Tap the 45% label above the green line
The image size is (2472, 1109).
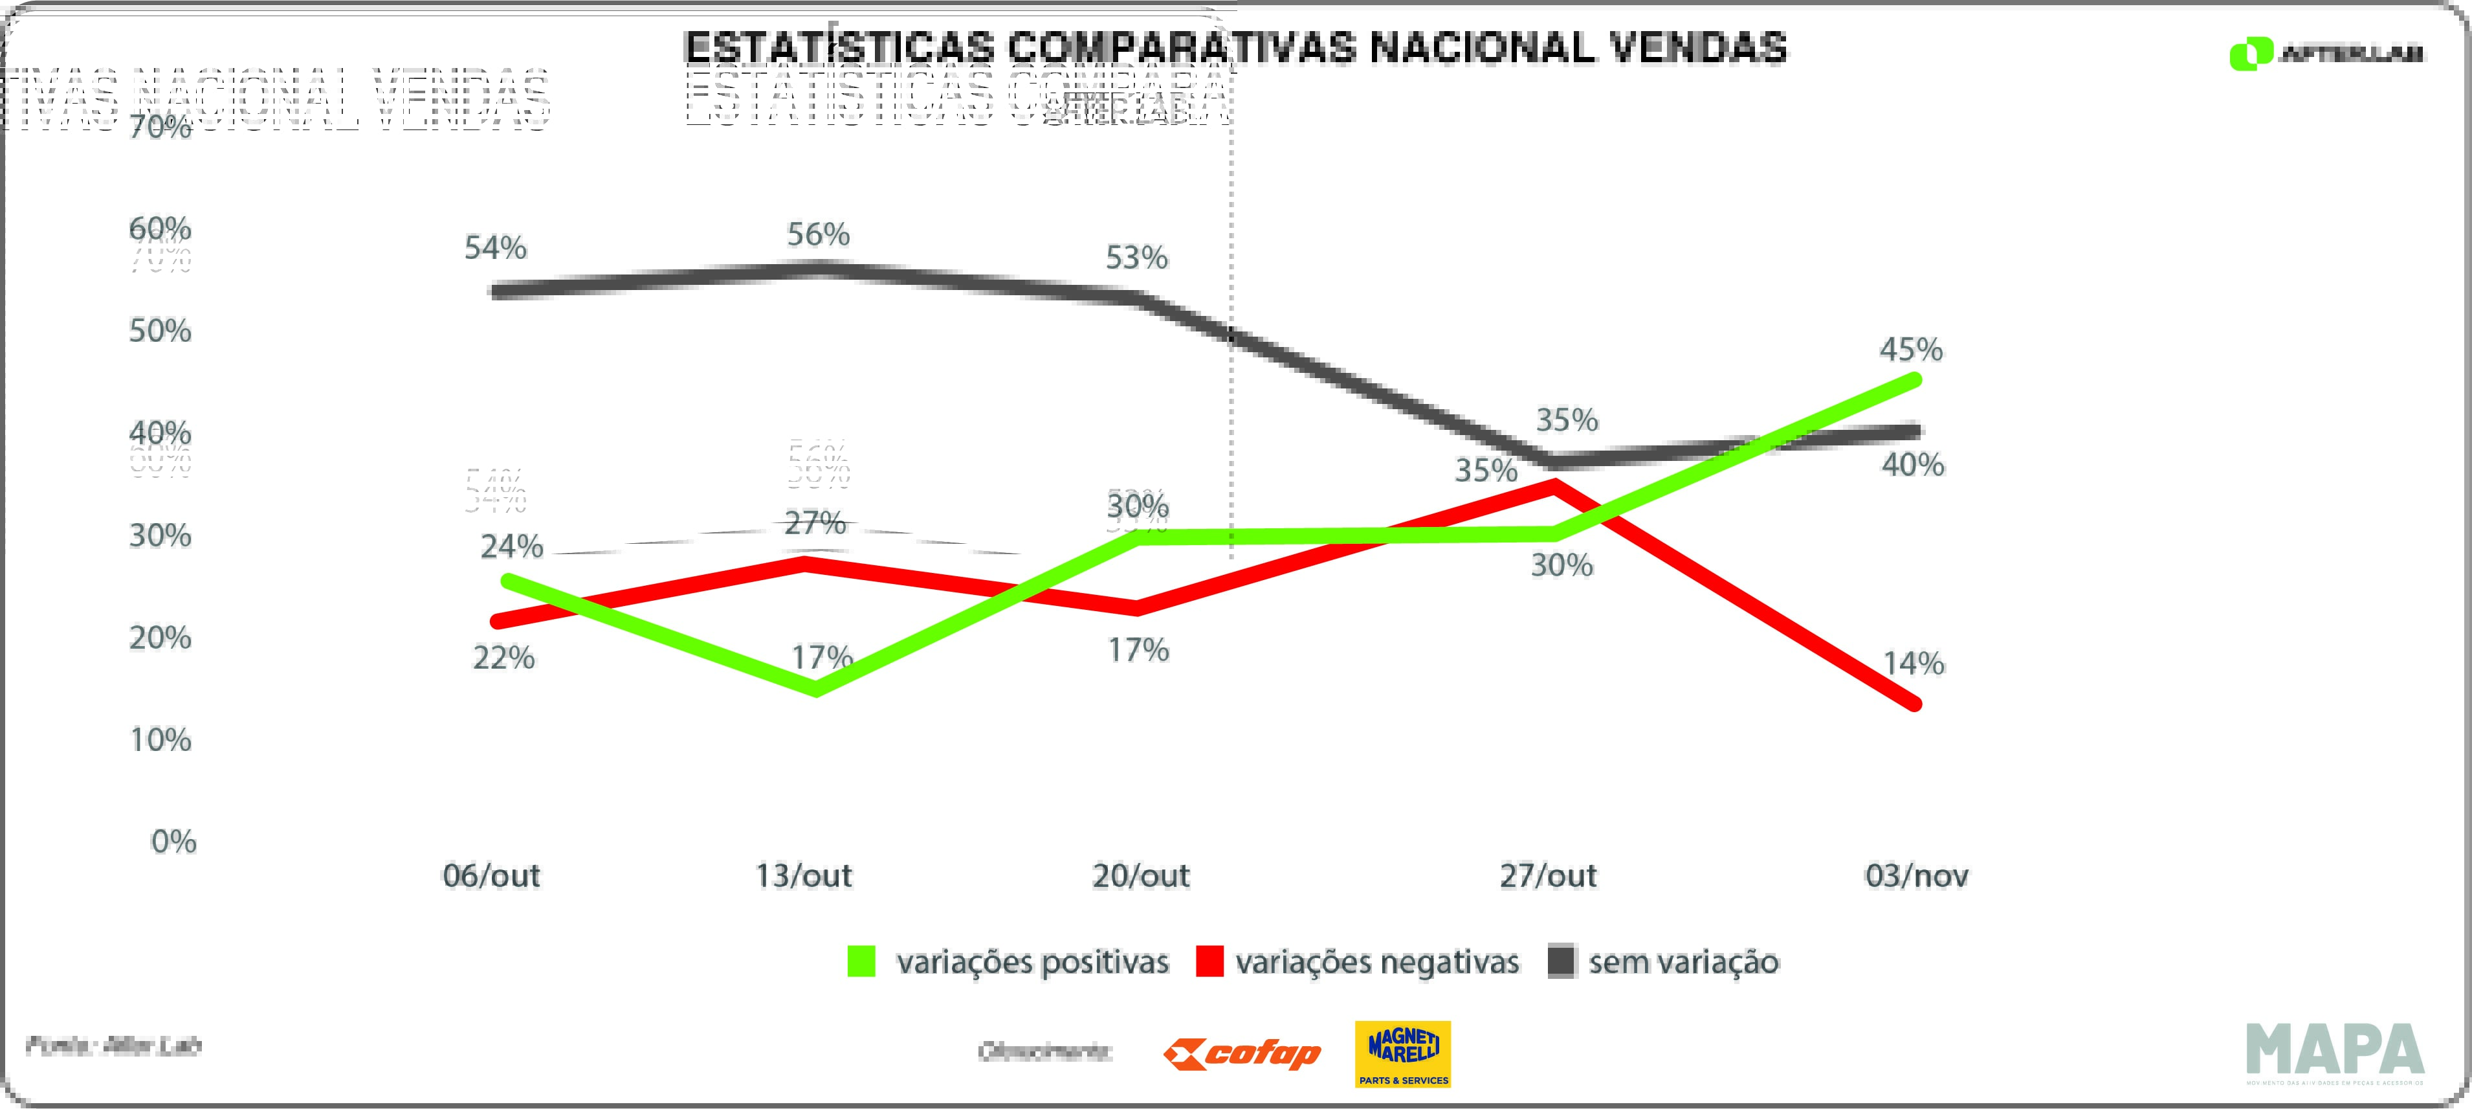[x=1910, y=350]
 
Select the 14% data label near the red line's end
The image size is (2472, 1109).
[x=1914, y=664]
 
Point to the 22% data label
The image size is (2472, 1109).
[x=503, y=658]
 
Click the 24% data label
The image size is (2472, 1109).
[x=511, y=547]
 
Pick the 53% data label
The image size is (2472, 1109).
[x=1136, y=257]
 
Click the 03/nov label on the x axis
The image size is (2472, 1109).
[x=1916, y=876]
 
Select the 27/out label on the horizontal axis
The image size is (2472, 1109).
[x=1548, y=876]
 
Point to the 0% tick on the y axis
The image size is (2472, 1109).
[x=173, y=842]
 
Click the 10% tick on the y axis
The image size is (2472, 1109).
[x=160, y=740]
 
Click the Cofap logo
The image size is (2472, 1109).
[x=1242, y=1054]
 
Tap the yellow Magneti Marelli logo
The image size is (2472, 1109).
[x=1402, y=1053]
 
